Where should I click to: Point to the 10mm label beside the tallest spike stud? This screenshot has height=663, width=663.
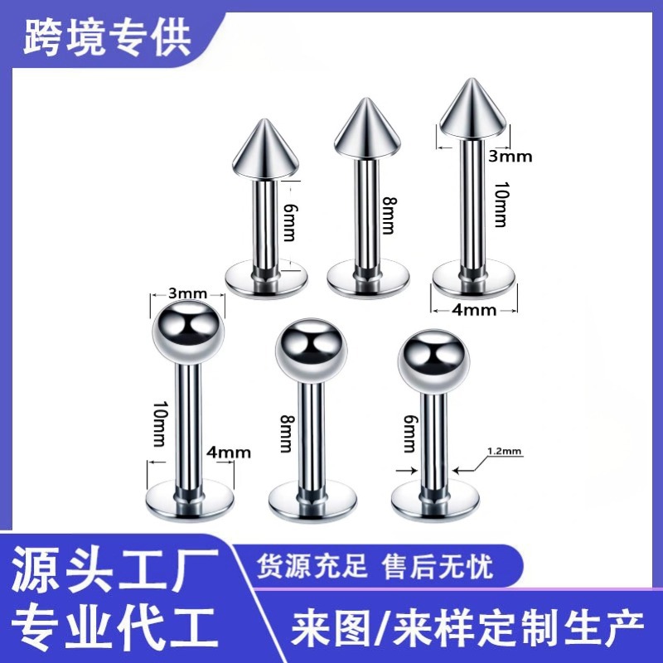point(499,206)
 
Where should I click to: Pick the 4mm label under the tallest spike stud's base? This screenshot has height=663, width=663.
point(475,311)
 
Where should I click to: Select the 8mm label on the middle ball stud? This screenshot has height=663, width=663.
point(285,433)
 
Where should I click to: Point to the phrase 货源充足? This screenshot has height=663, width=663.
point(313,567)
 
